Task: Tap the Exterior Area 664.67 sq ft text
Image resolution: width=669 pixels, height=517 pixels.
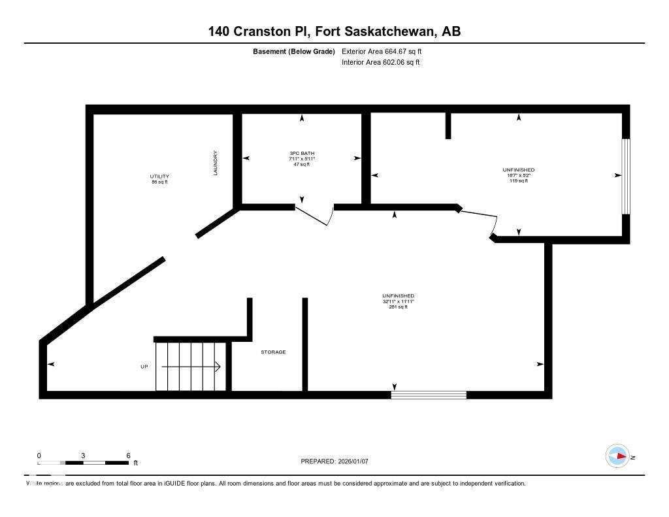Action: pos(386,51)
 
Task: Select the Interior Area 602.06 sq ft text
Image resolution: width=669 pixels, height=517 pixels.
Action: pos(380,63)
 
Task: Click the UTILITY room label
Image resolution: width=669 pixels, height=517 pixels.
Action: pos(159,176)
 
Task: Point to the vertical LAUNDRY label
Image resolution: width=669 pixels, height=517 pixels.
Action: pos(215,163)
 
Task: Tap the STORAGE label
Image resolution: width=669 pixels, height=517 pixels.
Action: pos(273,352)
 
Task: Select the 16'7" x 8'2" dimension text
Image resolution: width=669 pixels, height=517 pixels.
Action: pos(519,175)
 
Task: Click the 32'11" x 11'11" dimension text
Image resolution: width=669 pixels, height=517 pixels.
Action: pos(399,301)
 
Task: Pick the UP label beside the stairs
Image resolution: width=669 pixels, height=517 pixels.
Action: pos(144,367)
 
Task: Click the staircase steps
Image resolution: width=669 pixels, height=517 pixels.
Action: pos(190,367)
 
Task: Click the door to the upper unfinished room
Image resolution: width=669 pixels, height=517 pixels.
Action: pos(480,221)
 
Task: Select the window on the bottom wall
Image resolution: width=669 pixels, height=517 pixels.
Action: pos(429,395)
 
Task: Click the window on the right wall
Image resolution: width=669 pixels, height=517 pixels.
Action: pos(625,176)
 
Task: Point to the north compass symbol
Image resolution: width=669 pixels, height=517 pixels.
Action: pos(617,456)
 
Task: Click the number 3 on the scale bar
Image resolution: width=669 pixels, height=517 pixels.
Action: pos(83,456)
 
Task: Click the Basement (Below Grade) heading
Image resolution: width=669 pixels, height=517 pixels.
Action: pos(293,51)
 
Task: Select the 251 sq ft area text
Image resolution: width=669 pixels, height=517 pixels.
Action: pos(399,307)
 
